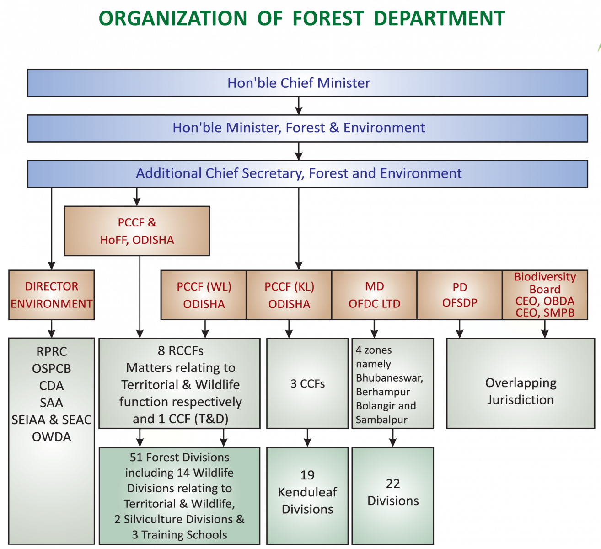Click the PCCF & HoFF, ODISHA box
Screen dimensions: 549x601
pyautogui.click(x=137, y=231)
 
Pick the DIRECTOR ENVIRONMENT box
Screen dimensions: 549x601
pyautogui.click(x=51, y=295)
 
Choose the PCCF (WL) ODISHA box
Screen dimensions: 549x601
pyautogui.click(x=204, y=295)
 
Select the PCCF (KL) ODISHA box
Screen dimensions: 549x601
pyautogui.click(x=289, y=295)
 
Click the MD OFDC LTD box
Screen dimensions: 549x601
pyautogui.click(x=374, y=295)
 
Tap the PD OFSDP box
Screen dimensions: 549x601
pyautogui.click(x=459, y=295)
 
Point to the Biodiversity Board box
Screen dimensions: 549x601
pyautogui.click(x=545, y=295)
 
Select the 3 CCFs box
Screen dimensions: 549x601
pyautogui.click(x=307, y=383)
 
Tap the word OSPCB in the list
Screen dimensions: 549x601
pyautogui.click(x=51, y=369)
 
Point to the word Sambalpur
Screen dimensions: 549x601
pyautogui.click(x=381, y=420)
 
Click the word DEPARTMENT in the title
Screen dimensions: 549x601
pyautogui.click(x=439, y=19)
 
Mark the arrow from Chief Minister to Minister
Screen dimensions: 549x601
pyautogui.click(x=299, y=106)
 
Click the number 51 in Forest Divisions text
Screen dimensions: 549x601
pyautogui.click(x=136, y=457)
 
